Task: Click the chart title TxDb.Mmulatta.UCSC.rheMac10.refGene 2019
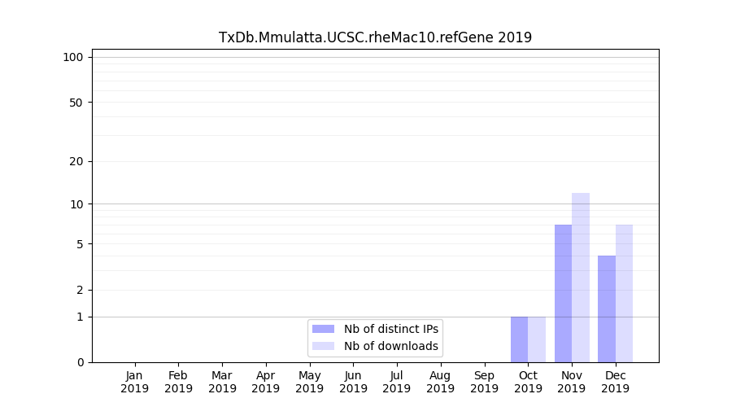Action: tap(375, 37)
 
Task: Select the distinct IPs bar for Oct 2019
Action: tap(520, 339)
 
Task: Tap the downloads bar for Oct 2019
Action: tap(537, 339)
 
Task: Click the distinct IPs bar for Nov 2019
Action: tap(563, 293)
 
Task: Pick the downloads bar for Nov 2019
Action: tap(581, 278)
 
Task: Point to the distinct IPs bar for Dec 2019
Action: tap(607, 309)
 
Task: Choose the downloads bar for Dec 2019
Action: tap(625, 293)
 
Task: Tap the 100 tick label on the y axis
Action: tap(73, 57)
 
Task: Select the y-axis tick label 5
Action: tap(80, 244)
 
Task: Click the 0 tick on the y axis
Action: tap(80, 362)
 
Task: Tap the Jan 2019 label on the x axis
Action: tap(135, 382)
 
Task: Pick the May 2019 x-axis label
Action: tap(310, 382)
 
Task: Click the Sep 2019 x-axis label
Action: tap(484, 382)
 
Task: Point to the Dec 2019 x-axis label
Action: tap(615, 382)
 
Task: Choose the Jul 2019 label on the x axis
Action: tap(397, 382)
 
